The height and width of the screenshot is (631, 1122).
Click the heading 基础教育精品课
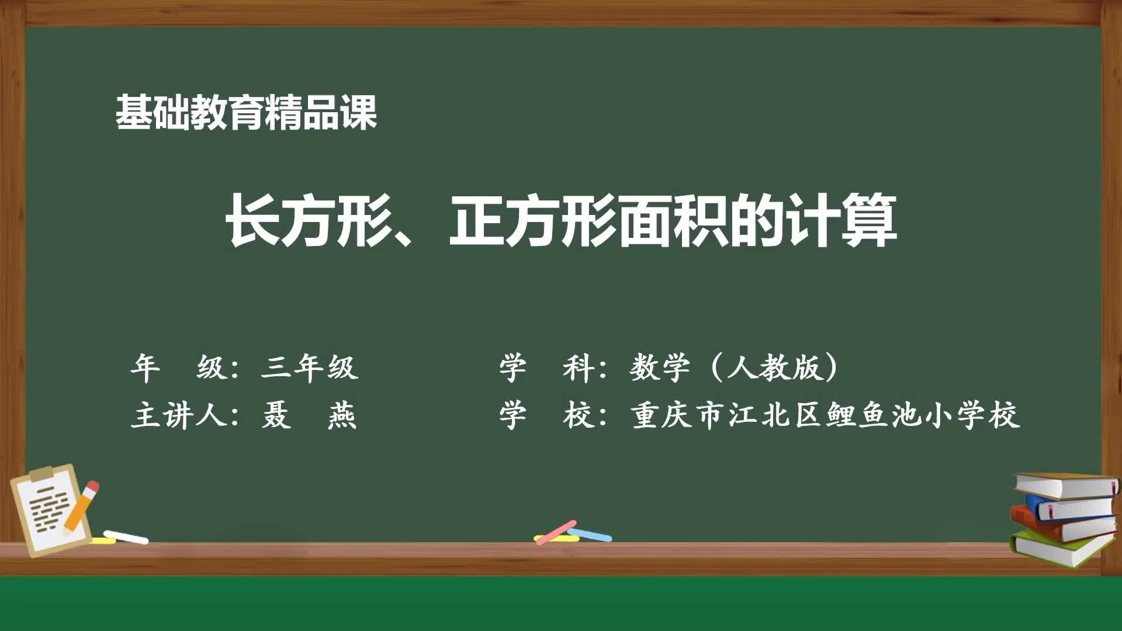pos(246,112)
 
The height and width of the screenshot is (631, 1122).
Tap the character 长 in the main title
pos(252,221)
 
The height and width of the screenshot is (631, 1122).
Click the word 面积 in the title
pos(672,221)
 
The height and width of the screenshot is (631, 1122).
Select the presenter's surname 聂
pos(275,417)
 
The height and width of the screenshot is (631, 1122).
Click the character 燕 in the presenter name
pos(342,417)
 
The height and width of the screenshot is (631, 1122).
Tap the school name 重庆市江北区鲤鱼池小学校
pos(825,417)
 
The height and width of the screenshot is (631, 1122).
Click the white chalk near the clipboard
pos(126,536)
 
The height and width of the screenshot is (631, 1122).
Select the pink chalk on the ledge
pos(556,532)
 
